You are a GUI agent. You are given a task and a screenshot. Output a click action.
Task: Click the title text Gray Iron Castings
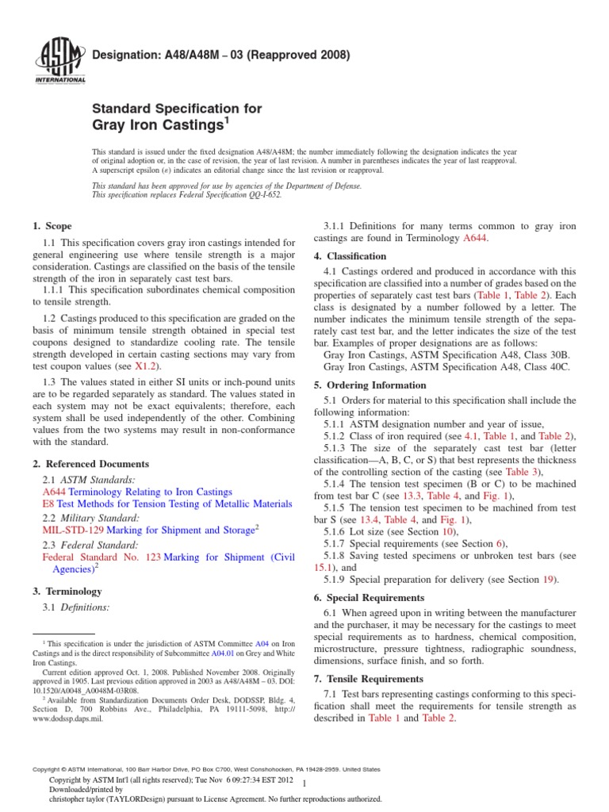pyautogui.click(x=158, y=125)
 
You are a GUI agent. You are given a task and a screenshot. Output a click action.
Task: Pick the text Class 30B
pyautogui.click(x=537, y=356)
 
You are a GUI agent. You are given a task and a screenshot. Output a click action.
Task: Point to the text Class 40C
pyautogui.click(x=537, y=368)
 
